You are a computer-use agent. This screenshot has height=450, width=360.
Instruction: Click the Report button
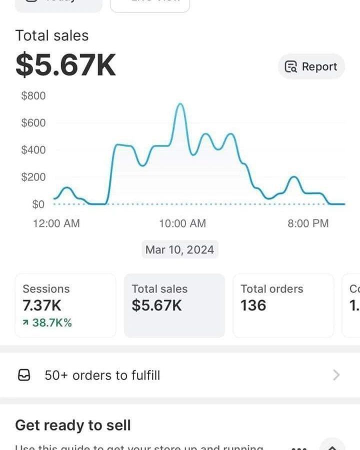point(311,66)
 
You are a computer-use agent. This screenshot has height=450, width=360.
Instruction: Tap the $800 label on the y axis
point(33,95)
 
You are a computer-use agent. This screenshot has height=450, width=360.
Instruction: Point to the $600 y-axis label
point(33,122)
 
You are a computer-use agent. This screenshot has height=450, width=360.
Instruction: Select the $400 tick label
point(33,149)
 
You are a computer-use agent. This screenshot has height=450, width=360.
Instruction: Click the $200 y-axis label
point(33,177)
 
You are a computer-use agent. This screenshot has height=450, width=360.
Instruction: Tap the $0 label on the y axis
point(38,204)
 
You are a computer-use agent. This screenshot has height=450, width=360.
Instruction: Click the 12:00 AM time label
point(56,223)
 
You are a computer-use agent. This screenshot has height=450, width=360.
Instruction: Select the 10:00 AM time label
point(182,223)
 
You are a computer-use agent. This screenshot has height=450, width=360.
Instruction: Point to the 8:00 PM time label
point(308,223)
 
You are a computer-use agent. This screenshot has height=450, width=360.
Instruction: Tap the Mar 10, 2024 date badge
point(179,249)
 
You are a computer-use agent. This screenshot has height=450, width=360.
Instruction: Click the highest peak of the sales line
point(179,104)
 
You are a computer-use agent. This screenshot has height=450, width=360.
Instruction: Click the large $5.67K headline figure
point(65,65)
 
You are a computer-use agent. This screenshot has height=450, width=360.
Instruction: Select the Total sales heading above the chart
point(51,35)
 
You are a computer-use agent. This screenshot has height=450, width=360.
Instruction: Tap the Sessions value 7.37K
point(42,305)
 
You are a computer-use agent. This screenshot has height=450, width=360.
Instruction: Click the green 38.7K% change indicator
point(47,322)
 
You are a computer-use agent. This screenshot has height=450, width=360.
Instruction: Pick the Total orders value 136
point(253,305)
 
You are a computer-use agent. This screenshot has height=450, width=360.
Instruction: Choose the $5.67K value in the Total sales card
point(156,305)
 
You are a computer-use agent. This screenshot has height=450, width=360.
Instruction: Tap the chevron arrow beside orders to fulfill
point(336,375)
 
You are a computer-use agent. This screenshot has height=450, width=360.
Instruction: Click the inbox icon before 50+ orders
point(24,375)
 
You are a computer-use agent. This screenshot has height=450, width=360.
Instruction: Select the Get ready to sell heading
point(73,425)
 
